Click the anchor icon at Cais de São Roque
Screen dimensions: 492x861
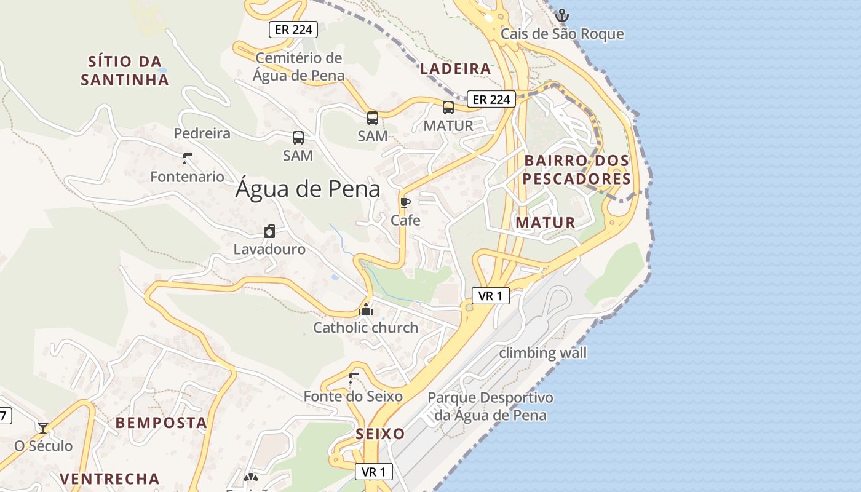pyautogui.click(x=561, y=15)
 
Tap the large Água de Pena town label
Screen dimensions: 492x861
pyautogui.click(x=307, y=189)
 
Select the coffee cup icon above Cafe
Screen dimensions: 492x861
pyautogui.click(x=405, y=202)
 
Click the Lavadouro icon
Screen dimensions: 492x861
pyautogui.click(x=269, y=232)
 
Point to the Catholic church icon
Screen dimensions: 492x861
pyautogui.click(x=366, y=309)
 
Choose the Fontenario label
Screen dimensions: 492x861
pyautogui.click(x=188, y=177)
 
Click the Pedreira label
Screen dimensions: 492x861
pyautogui.click(x=202, y=133)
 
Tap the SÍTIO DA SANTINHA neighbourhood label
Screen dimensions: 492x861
pyautogui.click(x=125, y=70)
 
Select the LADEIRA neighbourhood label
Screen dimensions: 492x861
pyautogui.click(x=455, y=69)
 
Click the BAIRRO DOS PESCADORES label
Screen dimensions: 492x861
pyautogui.click(x=577, y=170)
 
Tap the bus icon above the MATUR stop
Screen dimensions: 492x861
pyautogui.click(x=448, y=108)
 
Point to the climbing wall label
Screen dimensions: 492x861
pyautogui.click(x=542, y=353)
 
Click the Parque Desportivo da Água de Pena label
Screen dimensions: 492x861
pyautogui.click(x=490, y=407)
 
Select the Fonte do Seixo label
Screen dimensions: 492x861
pyautogui.click(x=353, y=397)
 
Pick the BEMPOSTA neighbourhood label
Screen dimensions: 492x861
pyautogui.click(x=161, y=423)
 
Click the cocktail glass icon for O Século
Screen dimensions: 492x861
pyautogui.click(x=43, y=427)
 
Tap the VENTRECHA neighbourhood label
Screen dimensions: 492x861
pyautogui.click(x=109, y=478)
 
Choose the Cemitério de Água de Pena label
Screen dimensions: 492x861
pyautogui.click(x=298, y=66)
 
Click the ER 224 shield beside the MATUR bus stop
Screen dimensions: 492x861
pyautogui.click(x=490, y=99)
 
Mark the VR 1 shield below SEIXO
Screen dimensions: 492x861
pyautogui.click(x=373, y=472)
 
